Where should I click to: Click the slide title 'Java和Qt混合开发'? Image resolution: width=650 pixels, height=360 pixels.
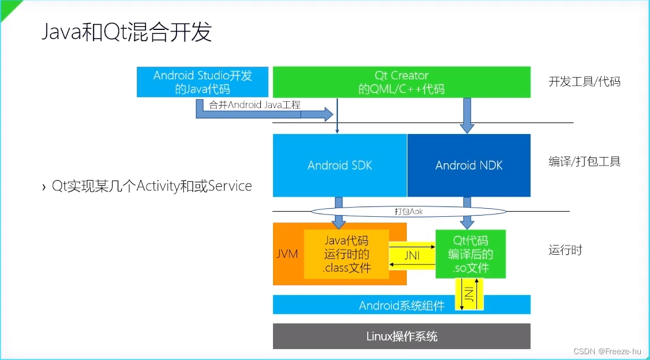(x=127, y=32)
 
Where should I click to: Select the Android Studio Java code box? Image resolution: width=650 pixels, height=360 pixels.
(x=203, y=82)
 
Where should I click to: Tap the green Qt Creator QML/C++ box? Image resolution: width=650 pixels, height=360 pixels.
(x=401, y=82)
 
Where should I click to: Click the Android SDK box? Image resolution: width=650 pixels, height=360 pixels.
(x=340, y=166)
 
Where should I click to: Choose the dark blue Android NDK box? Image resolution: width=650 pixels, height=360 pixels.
(x=469, y=166)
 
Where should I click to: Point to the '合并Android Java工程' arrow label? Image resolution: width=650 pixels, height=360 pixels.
(x=255, y=105)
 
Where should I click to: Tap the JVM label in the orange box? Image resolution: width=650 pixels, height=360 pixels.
(x=287, y=254)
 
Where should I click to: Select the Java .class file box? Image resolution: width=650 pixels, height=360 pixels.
(x=347, y=254)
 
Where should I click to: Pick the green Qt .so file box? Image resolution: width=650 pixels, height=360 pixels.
(x=470, y=254)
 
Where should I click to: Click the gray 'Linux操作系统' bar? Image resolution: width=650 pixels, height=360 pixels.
(x=401, y=336)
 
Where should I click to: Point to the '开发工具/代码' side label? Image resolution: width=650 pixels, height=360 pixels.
(x=584, y=82)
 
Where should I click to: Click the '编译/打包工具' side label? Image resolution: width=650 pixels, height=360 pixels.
(x=584, y=162)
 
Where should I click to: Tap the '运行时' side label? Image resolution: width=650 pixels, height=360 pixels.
(x=566, y=250)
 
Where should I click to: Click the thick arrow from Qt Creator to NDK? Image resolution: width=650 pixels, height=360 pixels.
(x=467, y=114)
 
